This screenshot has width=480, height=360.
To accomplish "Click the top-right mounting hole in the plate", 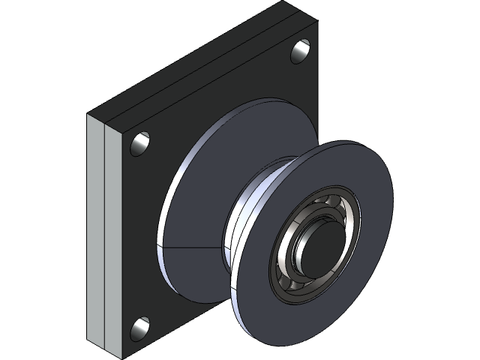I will coord(301,51).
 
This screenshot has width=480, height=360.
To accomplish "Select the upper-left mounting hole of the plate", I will coord(140,143).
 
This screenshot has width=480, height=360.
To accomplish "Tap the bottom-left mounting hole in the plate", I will coord(140,328).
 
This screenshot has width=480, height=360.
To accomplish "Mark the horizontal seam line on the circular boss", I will coord(191,247).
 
